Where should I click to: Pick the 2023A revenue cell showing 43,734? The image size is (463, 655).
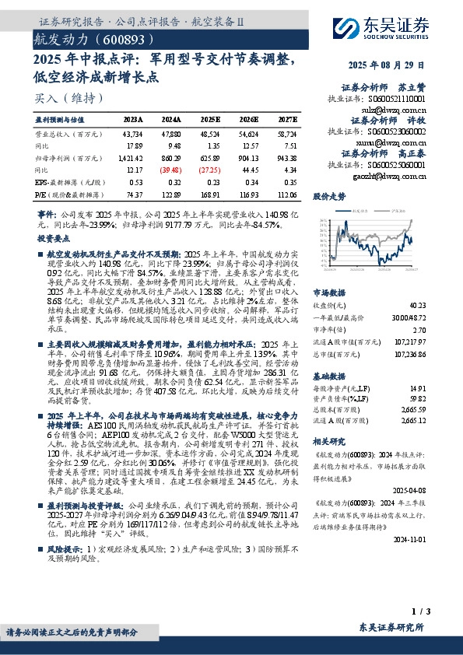pos(133,135)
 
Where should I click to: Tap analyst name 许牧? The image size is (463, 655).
pos(417,121)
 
